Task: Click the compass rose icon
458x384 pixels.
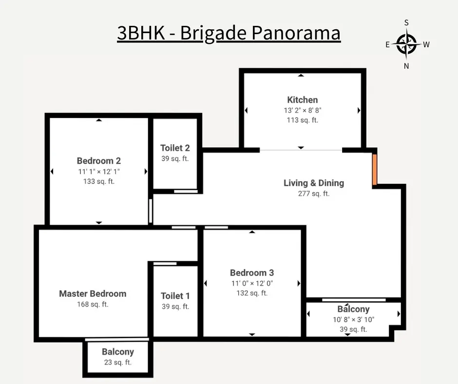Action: (x=406, y=44)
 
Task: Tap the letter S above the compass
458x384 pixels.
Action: (x=406, y=23)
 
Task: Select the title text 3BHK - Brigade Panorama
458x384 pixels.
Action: (x=229, y=33)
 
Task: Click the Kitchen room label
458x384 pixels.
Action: (x=302, y=100)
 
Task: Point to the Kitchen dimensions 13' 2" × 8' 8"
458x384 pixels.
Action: (x=302, y=111)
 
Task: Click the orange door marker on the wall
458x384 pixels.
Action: (x=375, y=170)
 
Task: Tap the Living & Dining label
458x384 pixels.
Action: (x=314, y=183)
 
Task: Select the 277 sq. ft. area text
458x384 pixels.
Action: (x=314, y=193)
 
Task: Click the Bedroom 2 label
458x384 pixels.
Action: (x=99, y=161)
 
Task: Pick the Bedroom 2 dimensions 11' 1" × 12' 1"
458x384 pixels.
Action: (x=99, y=172)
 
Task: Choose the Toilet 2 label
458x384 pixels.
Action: (x=175, y=148)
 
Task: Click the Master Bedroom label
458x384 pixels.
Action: (x=93, y=294)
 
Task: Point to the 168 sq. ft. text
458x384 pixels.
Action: (x=93, y=305)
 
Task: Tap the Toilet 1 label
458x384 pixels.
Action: (x=175, y=296)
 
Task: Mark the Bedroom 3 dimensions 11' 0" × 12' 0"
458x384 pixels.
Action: (x=252, y=283)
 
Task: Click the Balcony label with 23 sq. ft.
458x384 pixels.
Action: (x=117, y=352)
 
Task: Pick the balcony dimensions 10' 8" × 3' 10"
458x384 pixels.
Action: (x=353, y=320)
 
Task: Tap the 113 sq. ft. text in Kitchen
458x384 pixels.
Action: (x=302, y=120)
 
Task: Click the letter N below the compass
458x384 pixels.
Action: (x=406, y=66)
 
